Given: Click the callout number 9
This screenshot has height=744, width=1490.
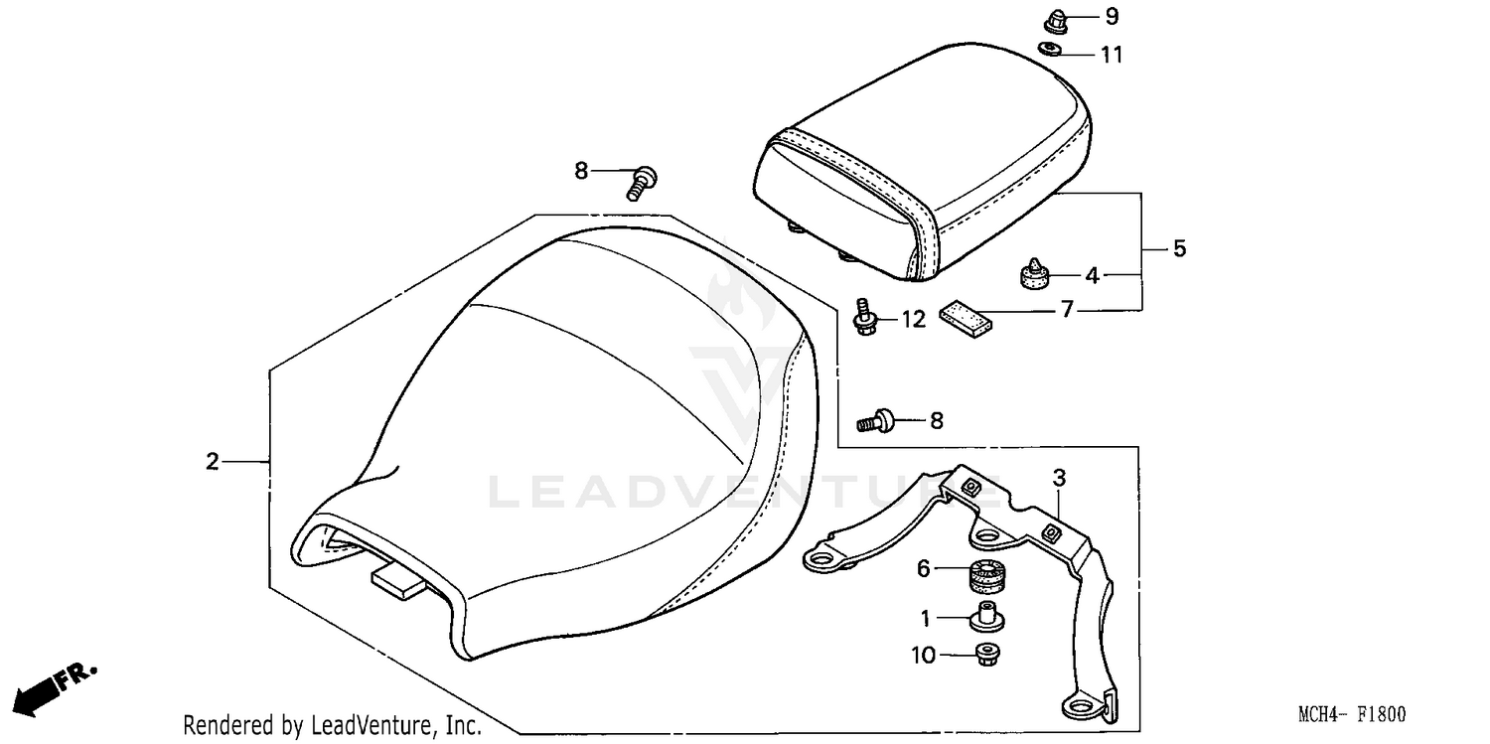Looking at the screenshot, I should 1084,16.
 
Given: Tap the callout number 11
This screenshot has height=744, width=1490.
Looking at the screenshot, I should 1112,55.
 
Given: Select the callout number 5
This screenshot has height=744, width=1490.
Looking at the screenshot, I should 1179,247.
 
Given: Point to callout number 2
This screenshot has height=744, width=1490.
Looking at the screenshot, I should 212,461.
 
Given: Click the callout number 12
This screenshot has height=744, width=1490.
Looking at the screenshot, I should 913,319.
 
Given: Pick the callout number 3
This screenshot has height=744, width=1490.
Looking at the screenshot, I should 1059,479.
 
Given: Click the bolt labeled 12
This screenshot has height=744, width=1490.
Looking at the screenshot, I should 865,315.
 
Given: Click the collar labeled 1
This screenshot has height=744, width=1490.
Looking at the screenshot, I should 986,616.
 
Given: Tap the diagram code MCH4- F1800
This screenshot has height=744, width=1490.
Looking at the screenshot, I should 1352,715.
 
